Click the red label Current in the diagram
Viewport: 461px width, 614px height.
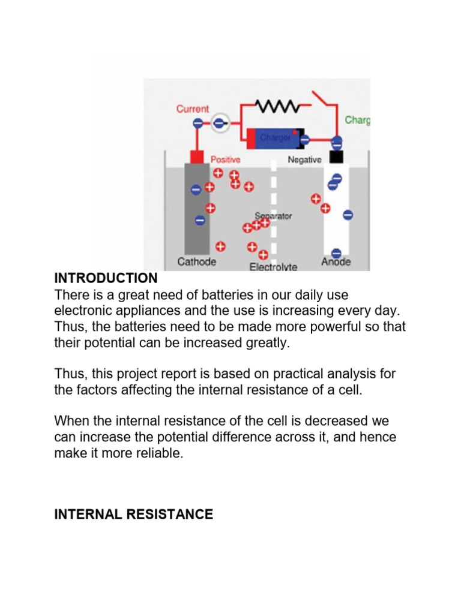tap(193, 109)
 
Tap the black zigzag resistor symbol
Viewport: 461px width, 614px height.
tap(278, 106)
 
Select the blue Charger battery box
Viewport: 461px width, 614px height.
tap(273, 138)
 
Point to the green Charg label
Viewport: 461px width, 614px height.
tap(357, 121)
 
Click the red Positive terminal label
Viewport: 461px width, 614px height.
tap(225, 159)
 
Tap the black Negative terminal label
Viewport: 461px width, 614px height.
tap(304, 159)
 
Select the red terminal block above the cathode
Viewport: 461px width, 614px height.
tap(195, 157)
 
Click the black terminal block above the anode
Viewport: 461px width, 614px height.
tap(336, 157)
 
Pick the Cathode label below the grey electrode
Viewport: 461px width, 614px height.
tap(197, 262)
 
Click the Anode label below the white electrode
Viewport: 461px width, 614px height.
tap(336, 262)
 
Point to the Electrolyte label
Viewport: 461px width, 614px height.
tap(273, 267)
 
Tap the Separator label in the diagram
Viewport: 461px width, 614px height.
tap(273, 216)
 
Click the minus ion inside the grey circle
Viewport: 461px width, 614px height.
tap(218, 123)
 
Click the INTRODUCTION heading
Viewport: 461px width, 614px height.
tap(106, 278)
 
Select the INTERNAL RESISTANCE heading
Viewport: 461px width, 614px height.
tap(133, 514)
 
